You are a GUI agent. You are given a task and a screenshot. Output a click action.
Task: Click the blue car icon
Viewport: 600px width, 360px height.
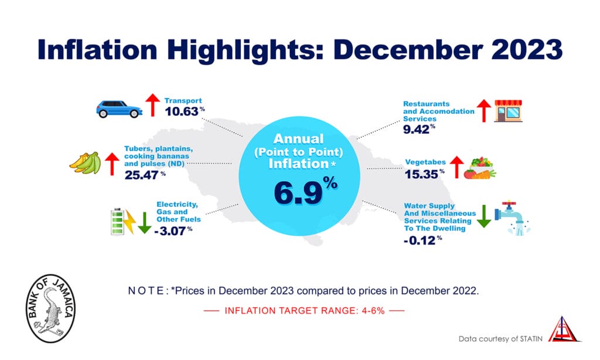click(x=120, y=108)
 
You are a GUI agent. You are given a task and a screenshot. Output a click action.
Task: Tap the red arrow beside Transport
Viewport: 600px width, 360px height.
click(x=152, y=104)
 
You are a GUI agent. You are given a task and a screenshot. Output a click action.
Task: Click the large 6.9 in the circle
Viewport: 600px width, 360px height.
click(x=299, y=193)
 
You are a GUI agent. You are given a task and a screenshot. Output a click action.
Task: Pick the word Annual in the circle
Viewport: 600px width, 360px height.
click(x=299, y=140)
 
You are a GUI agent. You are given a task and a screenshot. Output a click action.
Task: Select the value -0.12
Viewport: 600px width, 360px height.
click(x=419, y=240)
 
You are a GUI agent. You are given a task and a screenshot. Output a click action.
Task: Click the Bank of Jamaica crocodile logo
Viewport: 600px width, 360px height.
click(x=52, y=306)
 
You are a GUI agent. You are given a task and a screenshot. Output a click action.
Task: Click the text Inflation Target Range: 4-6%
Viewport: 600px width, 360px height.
click(x=304, y=311)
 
